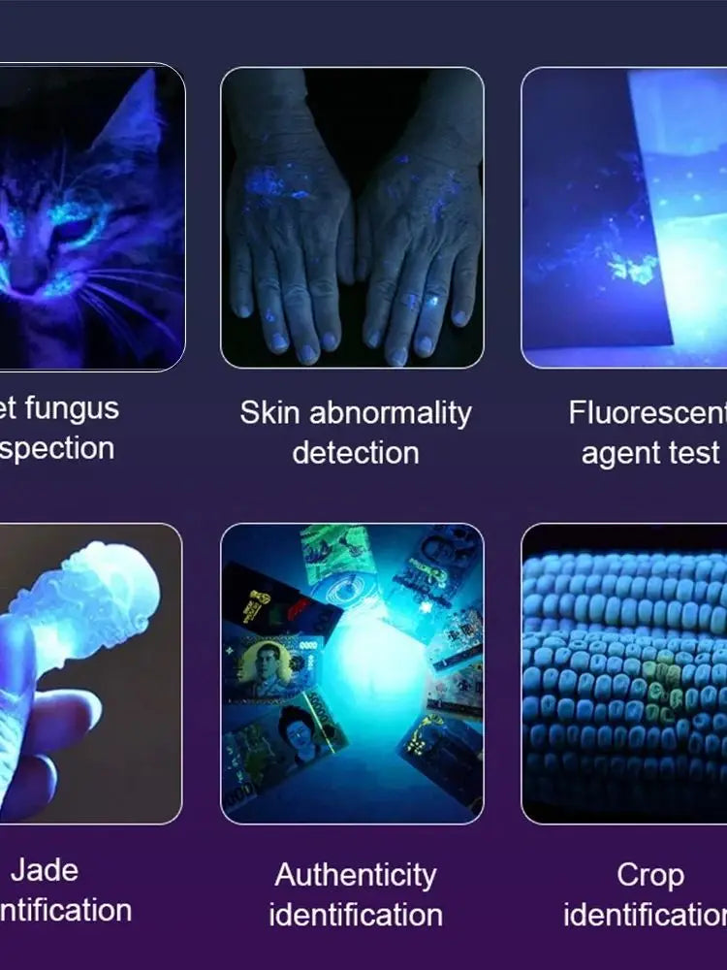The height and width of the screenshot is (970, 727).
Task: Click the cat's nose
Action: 26,277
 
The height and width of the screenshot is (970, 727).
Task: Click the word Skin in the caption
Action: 265,413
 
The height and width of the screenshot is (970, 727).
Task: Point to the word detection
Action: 355,453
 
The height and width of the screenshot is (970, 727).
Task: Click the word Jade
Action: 45,870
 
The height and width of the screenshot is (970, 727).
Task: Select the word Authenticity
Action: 356,875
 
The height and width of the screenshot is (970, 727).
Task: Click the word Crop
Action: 649,875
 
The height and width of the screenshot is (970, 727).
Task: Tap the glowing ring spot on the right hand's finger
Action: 412,303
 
